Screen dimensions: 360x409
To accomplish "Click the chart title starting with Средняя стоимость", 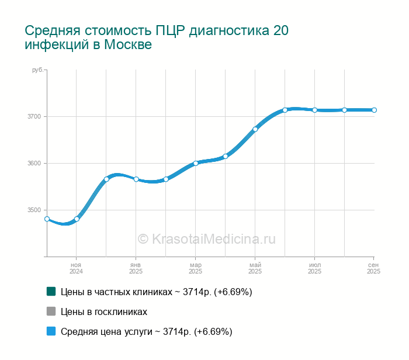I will point(157,37).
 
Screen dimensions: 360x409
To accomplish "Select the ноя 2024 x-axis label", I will point(76,268).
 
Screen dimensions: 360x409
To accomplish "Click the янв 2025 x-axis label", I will point(136,268).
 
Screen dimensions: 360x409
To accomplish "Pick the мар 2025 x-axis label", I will point(195,268).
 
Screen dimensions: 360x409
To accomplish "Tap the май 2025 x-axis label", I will point(255,268).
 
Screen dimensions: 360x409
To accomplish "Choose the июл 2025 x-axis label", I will point(314,268).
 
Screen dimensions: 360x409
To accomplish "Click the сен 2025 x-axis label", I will point(373,268).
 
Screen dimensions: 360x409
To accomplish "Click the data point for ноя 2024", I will point(77,219).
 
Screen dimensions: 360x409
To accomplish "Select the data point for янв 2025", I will point(136,179).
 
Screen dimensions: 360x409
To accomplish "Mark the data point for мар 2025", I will point(196,163).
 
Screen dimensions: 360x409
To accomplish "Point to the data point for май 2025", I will point(255,129).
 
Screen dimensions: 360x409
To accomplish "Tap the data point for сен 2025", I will point(374,110).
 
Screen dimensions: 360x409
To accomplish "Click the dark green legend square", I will point(51,291).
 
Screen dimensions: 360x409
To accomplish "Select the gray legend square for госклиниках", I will point(51,311).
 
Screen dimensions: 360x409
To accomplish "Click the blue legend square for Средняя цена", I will point(51,331).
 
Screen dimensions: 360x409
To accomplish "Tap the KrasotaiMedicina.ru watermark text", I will point(206,238).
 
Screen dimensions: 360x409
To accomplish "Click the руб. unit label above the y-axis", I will point(37,70).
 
